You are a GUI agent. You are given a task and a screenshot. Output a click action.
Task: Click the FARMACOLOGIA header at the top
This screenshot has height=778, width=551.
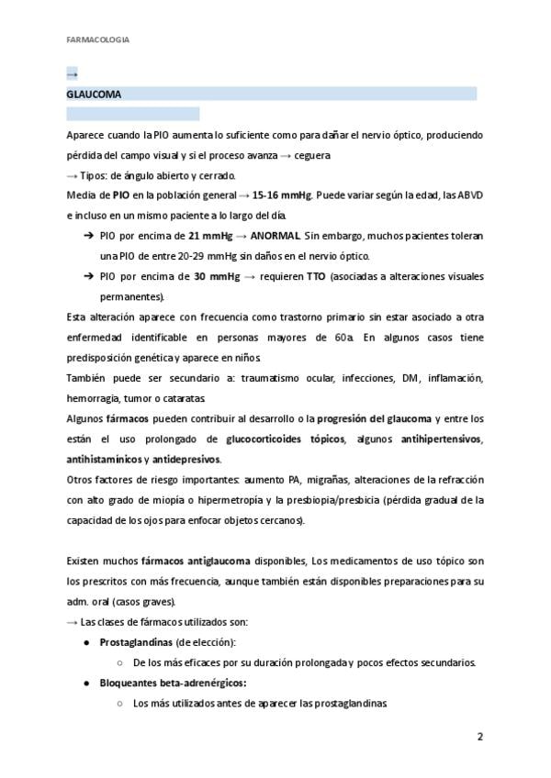pos(98,39)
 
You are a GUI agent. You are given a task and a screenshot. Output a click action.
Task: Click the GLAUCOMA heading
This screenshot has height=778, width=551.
pos(94,94)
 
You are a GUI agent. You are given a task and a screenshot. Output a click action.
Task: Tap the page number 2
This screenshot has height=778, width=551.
pos(479,737)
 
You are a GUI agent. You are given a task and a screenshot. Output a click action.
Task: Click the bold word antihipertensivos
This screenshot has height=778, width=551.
pos(443,439)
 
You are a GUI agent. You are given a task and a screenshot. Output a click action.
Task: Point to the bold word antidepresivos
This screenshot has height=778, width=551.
pos(187,459)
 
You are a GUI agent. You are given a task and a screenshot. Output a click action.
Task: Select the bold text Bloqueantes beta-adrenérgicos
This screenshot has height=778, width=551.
pos(173,683)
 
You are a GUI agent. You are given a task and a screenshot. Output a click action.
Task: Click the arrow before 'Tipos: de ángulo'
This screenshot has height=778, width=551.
pos(73,175)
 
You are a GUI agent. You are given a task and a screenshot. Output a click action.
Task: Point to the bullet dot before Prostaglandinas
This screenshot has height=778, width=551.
pos(86,642)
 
